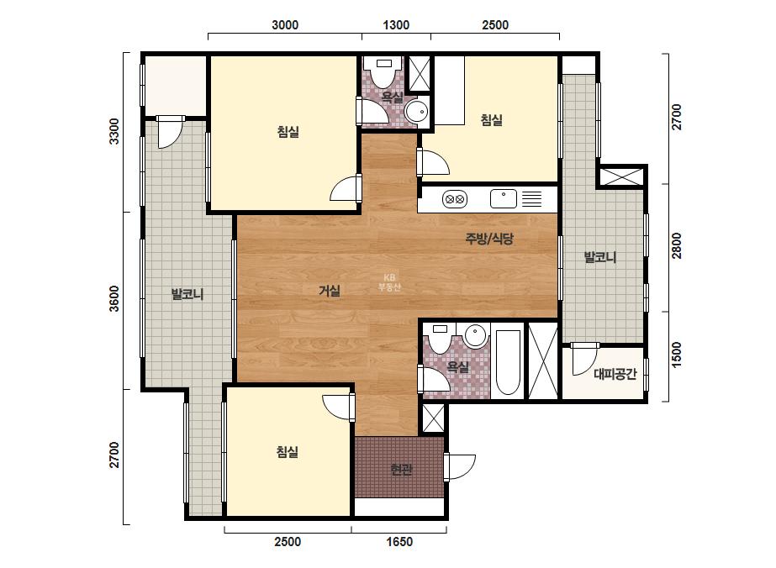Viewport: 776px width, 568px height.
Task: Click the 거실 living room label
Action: click(330, 291)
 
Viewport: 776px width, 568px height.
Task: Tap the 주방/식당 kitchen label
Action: click(489, 239)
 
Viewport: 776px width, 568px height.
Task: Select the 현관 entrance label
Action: click(401, 469)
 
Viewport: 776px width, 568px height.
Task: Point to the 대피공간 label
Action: click(615, 374)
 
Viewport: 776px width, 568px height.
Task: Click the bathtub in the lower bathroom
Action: click(508, 362)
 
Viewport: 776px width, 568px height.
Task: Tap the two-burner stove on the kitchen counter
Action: click(455, 199)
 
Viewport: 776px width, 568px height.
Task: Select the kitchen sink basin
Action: click(504, 199)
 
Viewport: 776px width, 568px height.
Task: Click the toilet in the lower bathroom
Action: click(440, 338)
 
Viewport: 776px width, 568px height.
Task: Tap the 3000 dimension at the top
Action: click(285, 24)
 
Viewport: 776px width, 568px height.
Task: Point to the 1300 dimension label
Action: click(396, 24)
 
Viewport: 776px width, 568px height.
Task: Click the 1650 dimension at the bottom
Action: click(399, 542)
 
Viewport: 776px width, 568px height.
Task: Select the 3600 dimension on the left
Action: click(114, 298)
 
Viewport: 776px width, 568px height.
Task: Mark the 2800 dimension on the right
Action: click(677, 245)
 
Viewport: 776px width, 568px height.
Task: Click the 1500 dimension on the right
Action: click(677, 355)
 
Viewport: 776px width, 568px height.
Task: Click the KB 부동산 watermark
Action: click(389, 282)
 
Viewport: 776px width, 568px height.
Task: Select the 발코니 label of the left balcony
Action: click(187, 294)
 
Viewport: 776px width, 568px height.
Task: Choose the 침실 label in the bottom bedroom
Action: click(288, 452)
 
